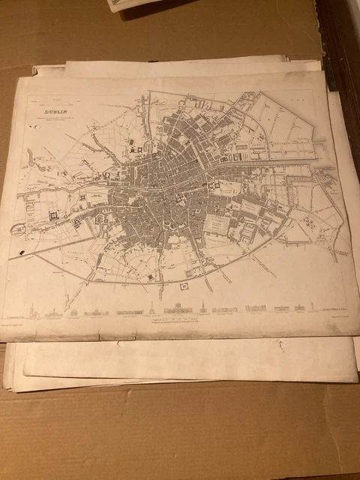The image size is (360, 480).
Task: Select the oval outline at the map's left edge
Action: coord(16,229)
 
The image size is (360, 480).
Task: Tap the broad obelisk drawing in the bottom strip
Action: coord(150,307)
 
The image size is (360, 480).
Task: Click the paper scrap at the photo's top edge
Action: coord(139,5)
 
